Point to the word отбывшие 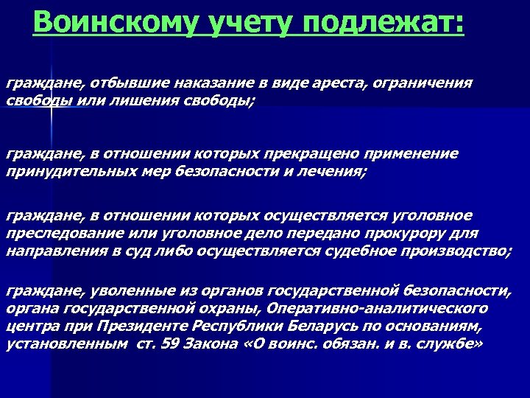coord(104,84)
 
